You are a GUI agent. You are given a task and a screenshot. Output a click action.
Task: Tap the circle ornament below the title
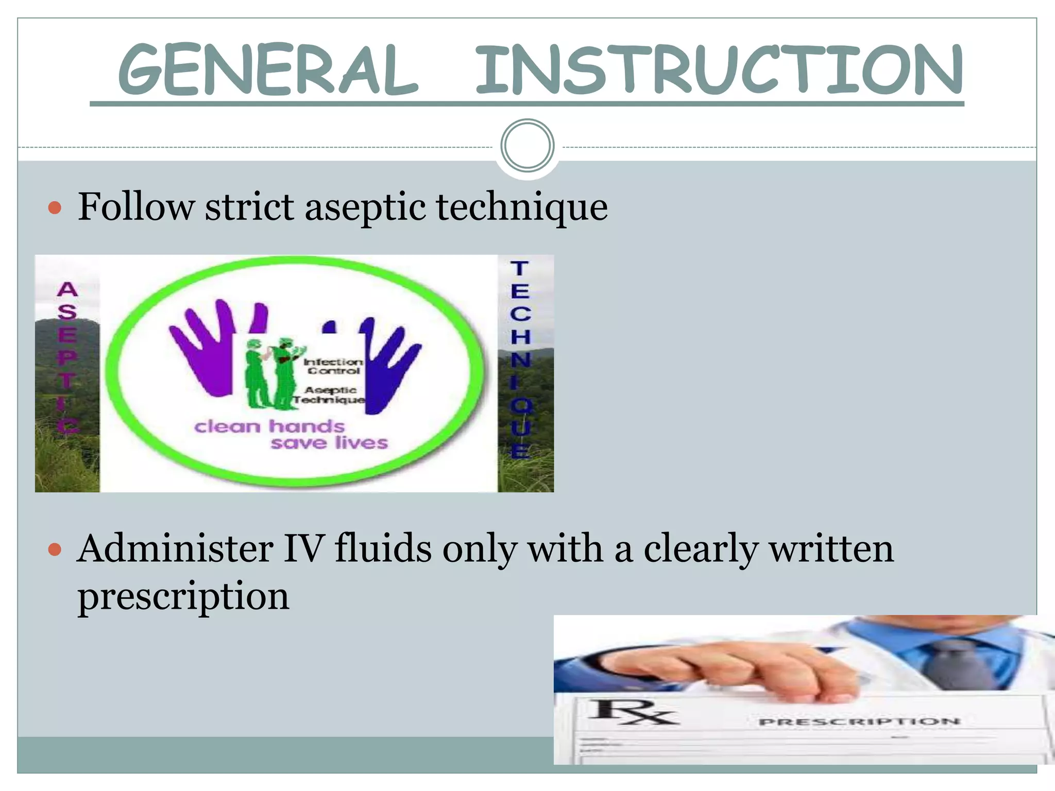click(x=527, y=146)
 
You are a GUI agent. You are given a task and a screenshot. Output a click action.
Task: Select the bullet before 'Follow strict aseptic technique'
click(x=55, y=208)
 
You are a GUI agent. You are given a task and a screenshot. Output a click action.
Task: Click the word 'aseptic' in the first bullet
click(x=366, y=208)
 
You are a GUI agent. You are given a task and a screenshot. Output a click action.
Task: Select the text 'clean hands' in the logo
click(x=269, y=426)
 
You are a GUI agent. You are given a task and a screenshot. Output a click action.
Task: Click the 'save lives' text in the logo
click(x=329, y=443)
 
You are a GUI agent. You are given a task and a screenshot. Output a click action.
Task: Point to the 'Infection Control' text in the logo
click(x=333, y=366)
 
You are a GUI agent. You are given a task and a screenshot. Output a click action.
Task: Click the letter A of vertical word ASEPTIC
click(x=67, y=289)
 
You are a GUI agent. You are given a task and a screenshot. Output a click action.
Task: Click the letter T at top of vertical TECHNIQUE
click(x=519, y=269)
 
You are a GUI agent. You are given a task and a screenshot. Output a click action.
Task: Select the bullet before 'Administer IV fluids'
click(x=55, y=550)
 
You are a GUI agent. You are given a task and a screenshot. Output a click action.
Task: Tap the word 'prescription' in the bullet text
click(x=183, y=596)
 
